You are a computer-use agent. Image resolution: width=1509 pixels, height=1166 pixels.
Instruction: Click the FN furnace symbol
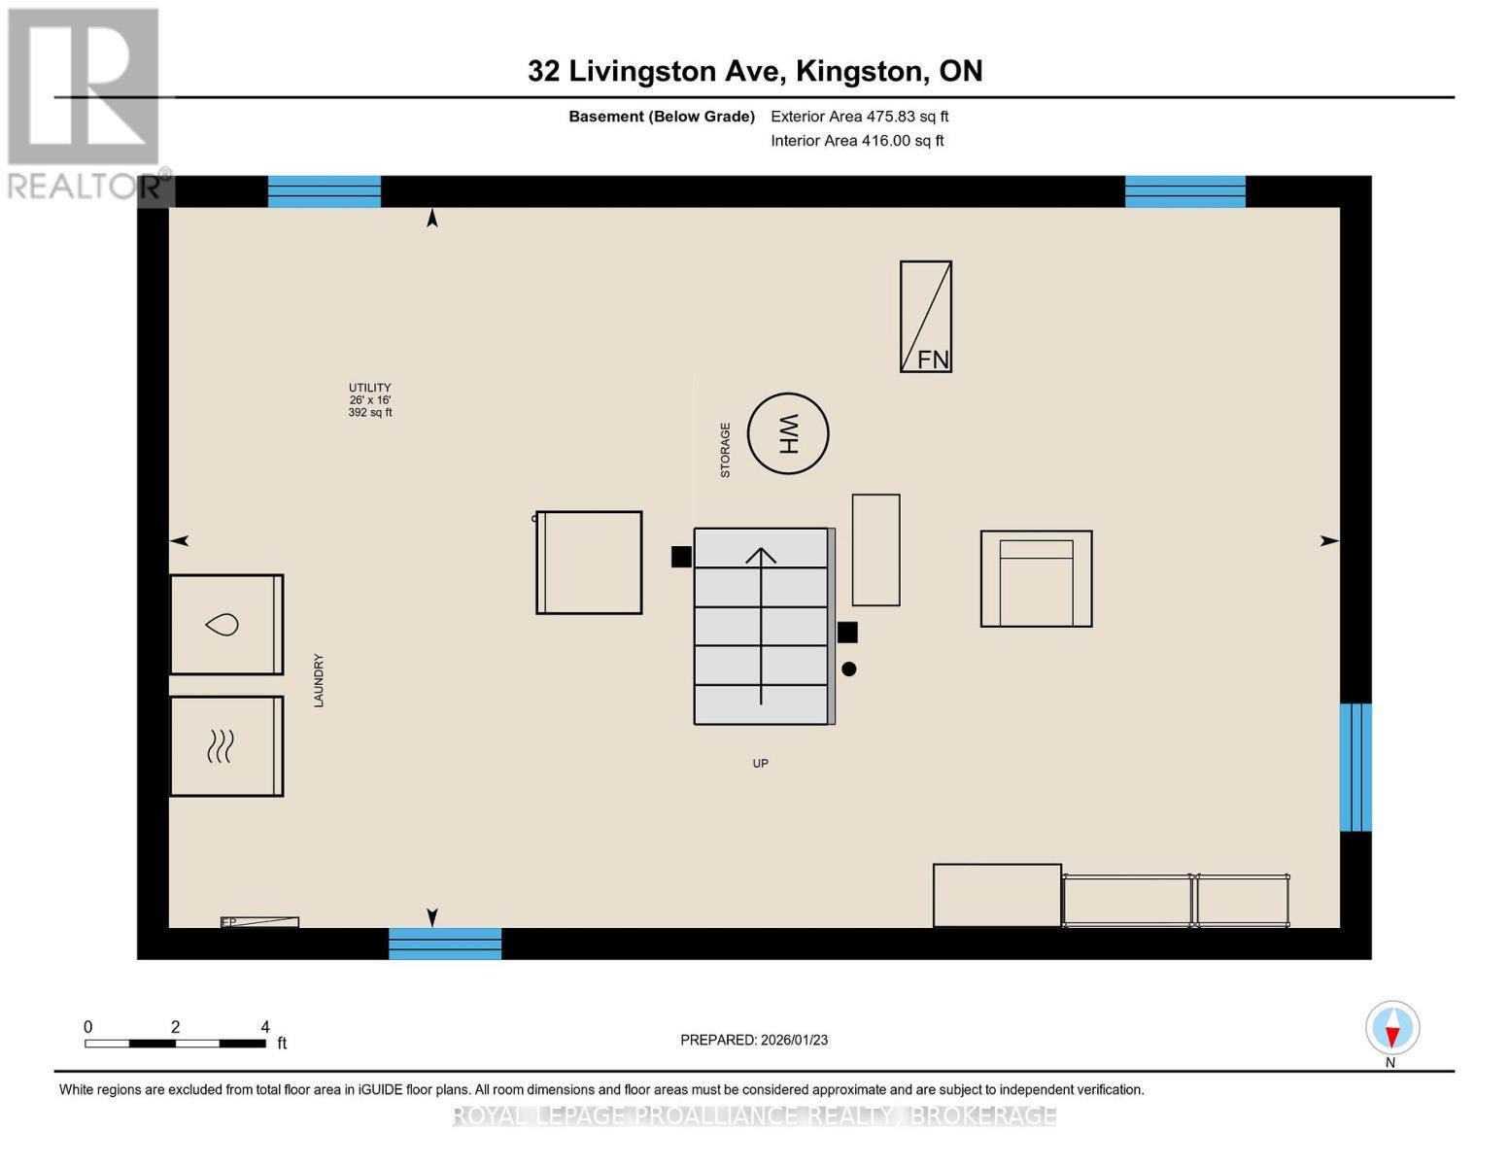(925, 317)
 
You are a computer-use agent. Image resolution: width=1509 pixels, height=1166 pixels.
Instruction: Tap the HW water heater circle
(788, 433)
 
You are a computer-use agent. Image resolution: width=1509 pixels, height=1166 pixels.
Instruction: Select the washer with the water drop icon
(226, 624)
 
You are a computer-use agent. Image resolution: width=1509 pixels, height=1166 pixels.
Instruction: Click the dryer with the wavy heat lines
(226, 746)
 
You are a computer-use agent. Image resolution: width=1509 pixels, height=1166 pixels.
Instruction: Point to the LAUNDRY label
(319, 680)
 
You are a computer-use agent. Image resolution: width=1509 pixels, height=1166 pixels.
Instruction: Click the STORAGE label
(725, 450)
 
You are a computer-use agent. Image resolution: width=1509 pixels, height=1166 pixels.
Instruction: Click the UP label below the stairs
(761, 764)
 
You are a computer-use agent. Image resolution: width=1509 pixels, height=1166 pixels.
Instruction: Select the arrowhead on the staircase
(761, 555)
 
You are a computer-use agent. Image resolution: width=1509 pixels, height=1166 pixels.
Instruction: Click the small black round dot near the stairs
(849, 669)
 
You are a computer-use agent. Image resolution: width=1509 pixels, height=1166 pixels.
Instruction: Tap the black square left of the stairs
(681, 557)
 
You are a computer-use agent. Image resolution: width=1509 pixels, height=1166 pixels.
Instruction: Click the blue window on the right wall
(1355, 768)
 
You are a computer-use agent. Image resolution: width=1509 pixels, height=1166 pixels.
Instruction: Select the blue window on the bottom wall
(445, 943)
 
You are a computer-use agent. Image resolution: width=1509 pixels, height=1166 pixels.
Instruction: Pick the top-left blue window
(325, 191)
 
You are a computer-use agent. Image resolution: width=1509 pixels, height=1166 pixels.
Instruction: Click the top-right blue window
(1184, 191)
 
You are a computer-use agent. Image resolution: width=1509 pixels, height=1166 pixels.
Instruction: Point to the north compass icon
(1392, 1028)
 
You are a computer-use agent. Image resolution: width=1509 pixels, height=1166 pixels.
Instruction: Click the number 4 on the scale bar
(265, 1027)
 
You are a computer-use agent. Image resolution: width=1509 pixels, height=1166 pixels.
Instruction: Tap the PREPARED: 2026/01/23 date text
(754, 1040)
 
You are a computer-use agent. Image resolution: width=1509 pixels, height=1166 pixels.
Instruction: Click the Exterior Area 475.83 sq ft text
(860, 117)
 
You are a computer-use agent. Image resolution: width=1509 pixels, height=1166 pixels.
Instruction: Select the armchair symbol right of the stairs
(1036, 579)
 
